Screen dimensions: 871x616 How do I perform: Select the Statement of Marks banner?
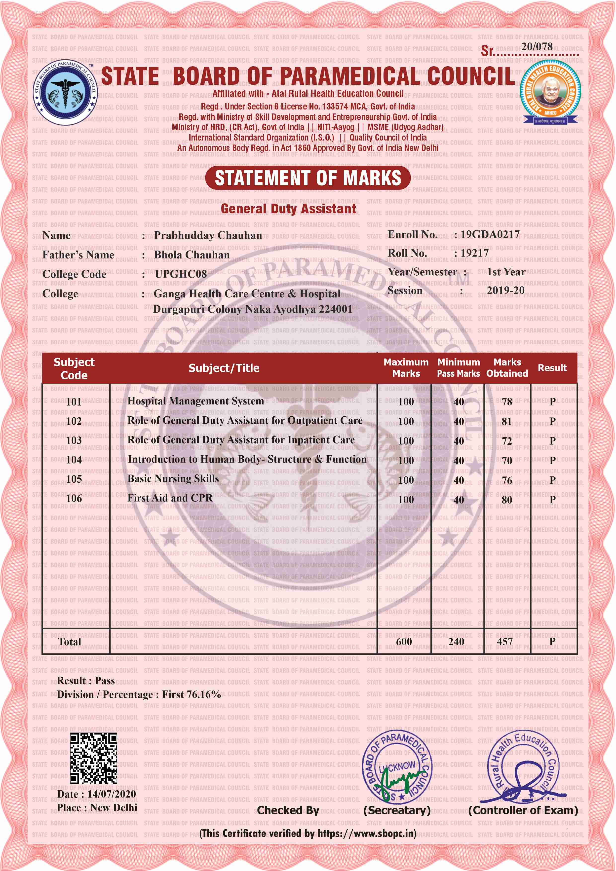[308, 178]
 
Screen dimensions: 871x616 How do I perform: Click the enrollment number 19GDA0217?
[490, 234]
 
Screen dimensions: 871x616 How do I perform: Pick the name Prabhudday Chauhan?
[208, 236]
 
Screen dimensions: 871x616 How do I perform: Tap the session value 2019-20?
[505, 290]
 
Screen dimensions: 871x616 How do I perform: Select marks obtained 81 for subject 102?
[507, 421]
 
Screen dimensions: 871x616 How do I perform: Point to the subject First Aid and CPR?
[170, 498]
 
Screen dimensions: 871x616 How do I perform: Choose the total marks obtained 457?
[505, 642]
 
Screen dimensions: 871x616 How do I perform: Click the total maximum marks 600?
[404, 642]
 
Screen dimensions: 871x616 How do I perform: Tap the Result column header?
[552, 368]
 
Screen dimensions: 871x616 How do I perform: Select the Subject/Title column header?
[224, 368]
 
